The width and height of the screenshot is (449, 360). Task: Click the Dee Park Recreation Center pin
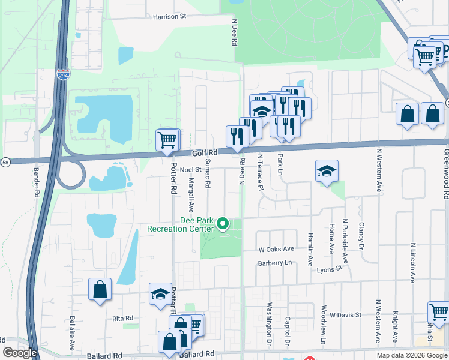223,224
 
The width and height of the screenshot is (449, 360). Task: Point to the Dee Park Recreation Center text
181,224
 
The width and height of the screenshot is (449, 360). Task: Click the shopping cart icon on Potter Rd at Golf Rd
167,140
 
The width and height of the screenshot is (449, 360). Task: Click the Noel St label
190,170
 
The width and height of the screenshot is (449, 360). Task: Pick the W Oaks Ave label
276,249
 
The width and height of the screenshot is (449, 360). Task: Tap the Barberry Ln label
274,263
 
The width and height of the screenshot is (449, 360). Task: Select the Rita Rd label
121,318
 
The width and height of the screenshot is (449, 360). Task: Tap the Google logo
20,353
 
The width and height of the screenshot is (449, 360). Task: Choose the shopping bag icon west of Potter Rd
100,289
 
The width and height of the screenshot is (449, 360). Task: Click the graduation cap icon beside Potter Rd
160,294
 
